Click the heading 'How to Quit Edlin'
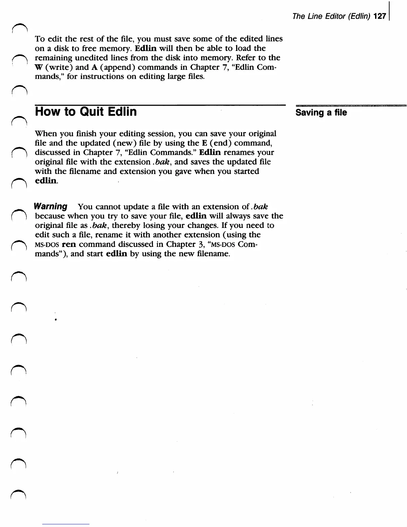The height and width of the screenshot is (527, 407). (x=86, y=111)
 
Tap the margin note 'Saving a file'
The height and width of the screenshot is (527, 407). (x=321, y=112)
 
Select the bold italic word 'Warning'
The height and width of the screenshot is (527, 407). (x=51, y=206)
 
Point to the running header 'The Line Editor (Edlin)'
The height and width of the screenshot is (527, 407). (x=332, y=16)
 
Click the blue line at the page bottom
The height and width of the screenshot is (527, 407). (x=66, y=524)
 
